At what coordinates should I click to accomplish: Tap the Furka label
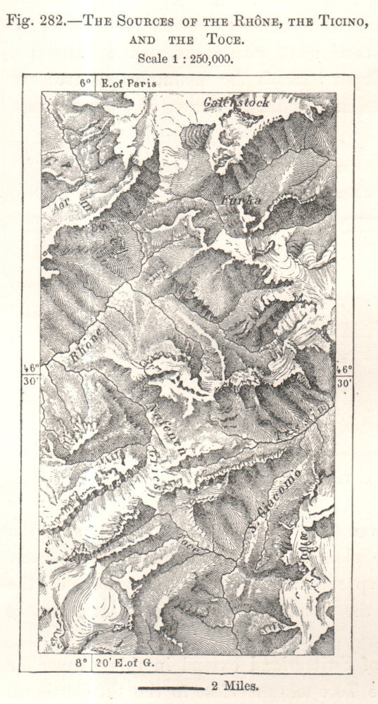pos(232,200)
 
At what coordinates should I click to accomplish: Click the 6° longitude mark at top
pos(86,82)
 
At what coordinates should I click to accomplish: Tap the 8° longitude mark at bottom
pos(82,662)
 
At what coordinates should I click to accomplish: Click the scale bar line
pos(170,685)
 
